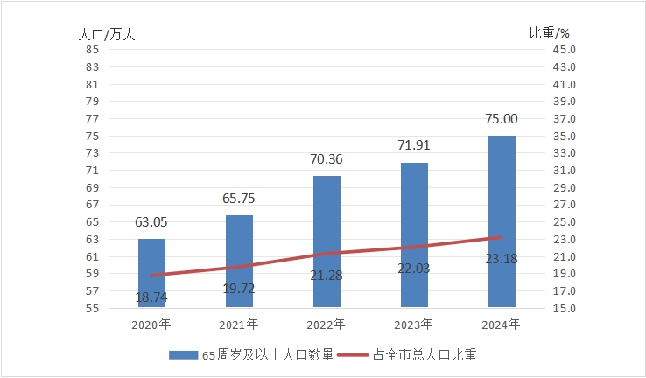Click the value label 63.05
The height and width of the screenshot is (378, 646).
click(151, 222)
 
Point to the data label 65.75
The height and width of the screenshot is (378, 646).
click(238, 199)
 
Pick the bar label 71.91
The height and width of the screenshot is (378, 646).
click(413, 145)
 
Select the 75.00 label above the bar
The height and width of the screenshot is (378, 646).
click(502, 119)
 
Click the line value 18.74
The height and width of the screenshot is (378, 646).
click(151, 297)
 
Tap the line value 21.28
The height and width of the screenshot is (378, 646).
click(327, 276)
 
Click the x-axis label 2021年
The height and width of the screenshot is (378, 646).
click(238, 325)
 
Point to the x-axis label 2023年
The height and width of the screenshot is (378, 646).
click(413, 325)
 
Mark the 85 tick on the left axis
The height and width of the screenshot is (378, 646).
click(91, 50)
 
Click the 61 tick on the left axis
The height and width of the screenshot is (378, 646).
click(91, 256)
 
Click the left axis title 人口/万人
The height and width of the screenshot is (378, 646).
click(107, 34)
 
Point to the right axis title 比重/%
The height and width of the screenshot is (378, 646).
click(550, 34)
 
